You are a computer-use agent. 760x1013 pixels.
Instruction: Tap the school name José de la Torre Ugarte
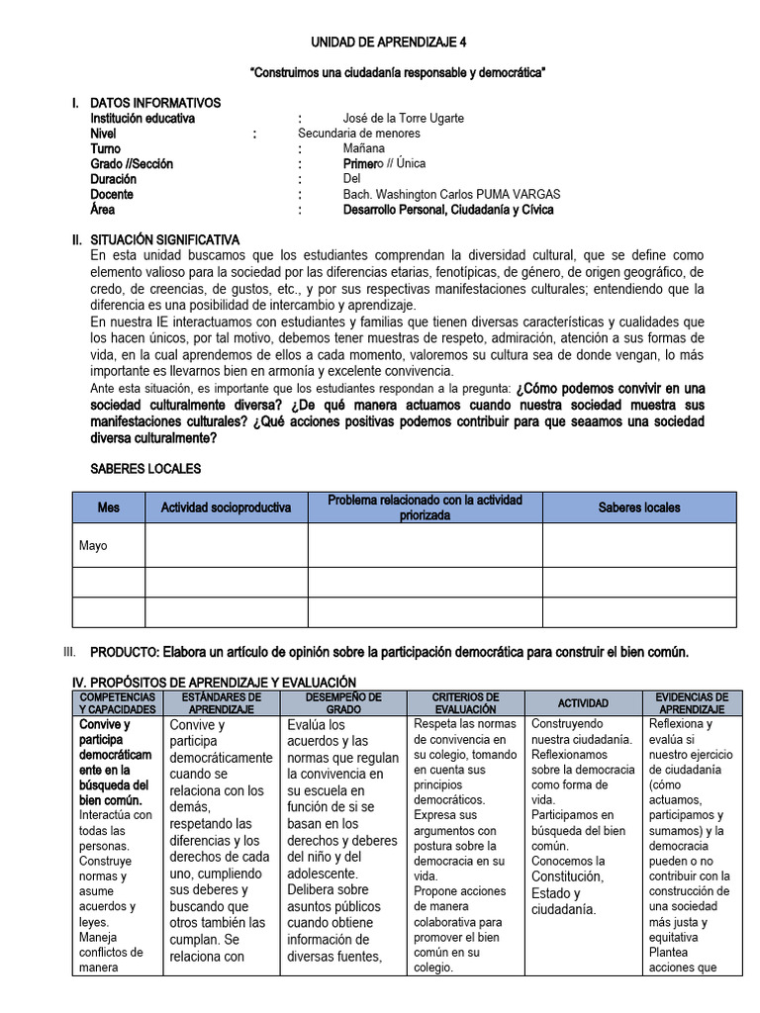tap(403, 119)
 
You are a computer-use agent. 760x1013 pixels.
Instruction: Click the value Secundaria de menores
tap(358, 134)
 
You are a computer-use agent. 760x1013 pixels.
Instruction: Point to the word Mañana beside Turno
tap(364, 148)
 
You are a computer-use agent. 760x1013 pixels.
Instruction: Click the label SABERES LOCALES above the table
tap(145, 468)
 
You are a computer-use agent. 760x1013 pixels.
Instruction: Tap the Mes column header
tap(109, 507)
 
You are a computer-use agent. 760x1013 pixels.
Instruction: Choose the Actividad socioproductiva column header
tap(227, 507)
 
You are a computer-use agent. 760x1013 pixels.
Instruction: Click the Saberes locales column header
tap(639, 507)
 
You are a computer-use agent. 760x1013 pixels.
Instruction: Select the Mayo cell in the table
tap(93, 546)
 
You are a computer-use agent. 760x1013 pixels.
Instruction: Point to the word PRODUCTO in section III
tap(125, 652)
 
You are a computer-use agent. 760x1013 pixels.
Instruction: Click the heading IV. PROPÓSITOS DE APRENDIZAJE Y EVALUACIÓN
tap(215, 683)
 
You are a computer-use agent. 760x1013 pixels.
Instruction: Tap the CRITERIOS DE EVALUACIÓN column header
tap(466, 703)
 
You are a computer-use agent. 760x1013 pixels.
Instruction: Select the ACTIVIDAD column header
tap(583, 703)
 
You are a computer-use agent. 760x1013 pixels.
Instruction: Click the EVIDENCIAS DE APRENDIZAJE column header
tap(693, 703)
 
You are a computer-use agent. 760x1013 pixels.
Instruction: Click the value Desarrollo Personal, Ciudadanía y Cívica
tap(448, 210)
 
